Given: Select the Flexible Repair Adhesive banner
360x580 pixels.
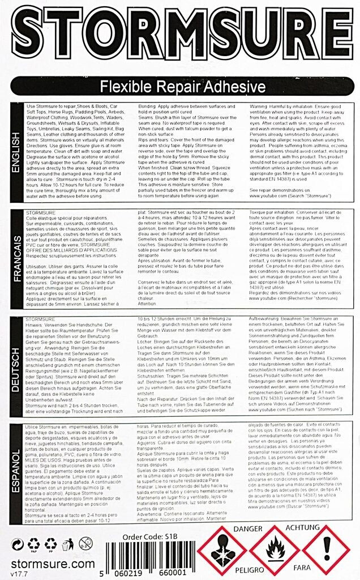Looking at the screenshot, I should pyautogui.click(x=180, y=87).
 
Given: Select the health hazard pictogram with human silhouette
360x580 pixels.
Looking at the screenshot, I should pyautogui.click(x=223, y=549).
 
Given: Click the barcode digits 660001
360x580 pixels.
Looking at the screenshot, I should pyautogui.click(x=173, y=572).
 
